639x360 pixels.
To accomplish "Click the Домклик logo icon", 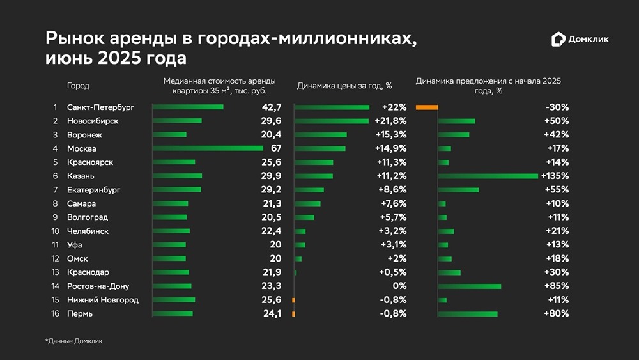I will [x=558, y=40].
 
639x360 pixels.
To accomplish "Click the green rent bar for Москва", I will [x=208, y=148].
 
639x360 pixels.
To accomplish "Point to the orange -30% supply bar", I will [x=427, y=107].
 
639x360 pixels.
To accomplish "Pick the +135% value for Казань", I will [x=555, y=176].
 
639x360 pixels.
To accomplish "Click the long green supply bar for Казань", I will [x=488, y=176].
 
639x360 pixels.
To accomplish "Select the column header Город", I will [x=78, y=86].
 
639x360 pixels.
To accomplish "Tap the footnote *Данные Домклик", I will [x=73, y=341].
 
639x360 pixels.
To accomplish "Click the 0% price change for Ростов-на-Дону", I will [x=399, y=286].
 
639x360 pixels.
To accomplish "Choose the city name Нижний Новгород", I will [x=102, y=300].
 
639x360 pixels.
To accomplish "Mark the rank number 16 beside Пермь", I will [x=54, y=313].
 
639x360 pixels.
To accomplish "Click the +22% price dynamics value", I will [x=394, y=107].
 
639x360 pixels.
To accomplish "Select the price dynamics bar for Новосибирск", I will [x=332, y=121].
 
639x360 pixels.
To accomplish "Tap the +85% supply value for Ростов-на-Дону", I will [x=556, y=286].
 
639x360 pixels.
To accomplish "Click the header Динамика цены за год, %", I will [x=344, y=86].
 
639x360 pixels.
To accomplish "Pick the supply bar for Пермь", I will [x=468, y=313].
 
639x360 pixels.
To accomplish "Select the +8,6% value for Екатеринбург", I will [x=394, y=190].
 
